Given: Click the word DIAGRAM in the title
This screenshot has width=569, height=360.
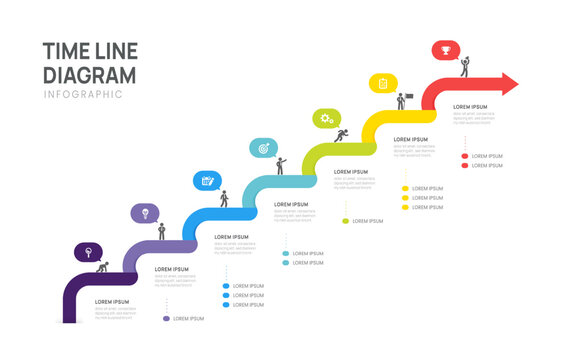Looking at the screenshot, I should coord(90,75).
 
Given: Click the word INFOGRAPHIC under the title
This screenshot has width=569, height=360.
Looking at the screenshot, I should coord(83,94).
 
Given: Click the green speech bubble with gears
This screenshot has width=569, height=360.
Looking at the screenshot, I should coord(326,118).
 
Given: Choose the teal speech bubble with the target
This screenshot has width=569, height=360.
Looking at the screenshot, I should coord(264,148).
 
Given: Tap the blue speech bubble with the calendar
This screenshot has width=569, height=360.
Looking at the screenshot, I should coord(205,180).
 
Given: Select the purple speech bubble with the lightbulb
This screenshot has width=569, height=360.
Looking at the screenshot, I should coord(146,212).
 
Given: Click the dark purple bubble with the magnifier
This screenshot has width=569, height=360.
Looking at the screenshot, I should coord(88,251).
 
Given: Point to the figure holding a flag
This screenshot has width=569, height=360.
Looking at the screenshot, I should coord(401,101).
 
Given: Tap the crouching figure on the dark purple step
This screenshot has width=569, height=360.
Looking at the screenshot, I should coord(102,266).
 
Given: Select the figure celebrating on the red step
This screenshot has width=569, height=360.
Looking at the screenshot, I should coord(464,66).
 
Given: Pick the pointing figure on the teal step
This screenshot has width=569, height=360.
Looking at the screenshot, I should coord(281,165).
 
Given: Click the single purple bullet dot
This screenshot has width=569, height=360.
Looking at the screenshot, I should coord(166,318).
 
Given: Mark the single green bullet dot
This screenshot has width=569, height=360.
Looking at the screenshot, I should coord(345,221).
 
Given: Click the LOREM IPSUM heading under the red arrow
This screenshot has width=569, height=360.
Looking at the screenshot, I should coord(470,106).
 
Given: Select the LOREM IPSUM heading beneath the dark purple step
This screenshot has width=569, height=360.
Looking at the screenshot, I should coord(112,301).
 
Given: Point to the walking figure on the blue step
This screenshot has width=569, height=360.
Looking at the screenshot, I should coord(224,198).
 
